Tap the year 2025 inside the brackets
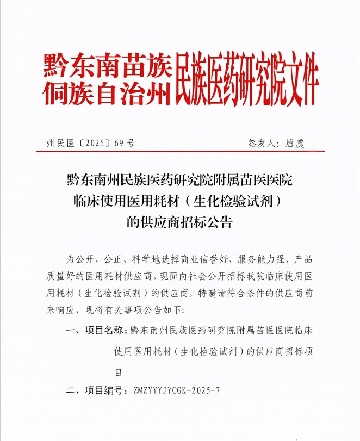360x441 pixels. [96, 144]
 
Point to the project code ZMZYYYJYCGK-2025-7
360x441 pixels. [172, 390]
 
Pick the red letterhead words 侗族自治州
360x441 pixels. [107, 93]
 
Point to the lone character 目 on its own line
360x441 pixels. [117, 372]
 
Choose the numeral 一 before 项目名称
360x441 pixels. [70, 331]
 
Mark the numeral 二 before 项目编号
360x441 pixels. [70, 390]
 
